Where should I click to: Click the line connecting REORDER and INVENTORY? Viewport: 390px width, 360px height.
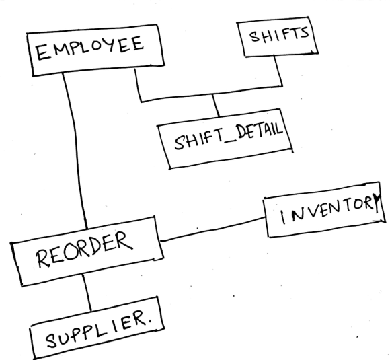(212, 229)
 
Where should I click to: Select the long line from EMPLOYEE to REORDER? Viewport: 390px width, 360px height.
(75, 149)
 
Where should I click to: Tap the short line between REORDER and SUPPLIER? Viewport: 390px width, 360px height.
(87, 292)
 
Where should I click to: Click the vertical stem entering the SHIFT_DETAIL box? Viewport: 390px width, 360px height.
(216, 106)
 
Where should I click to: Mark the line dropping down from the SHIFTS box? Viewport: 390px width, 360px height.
(278, 71)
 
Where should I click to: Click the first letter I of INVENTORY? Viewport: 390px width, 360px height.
(283, 217)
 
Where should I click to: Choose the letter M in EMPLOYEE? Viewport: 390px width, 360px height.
(59, 50)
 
